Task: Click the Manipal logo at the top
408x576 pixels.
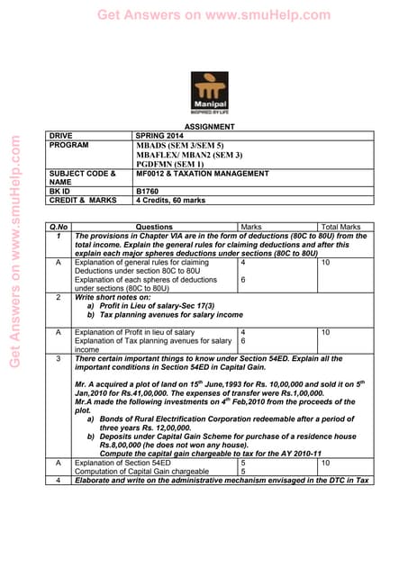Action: click(210, 92)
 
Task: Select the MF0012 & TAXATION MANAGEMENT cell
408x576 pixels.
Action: click(203, 173)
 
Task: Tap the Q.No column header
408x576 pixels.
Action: click(59, 227)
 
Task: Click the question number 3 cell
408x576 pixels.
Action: click(59, 358)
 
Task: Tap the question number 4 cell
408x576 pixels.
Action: click(59, 480)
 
